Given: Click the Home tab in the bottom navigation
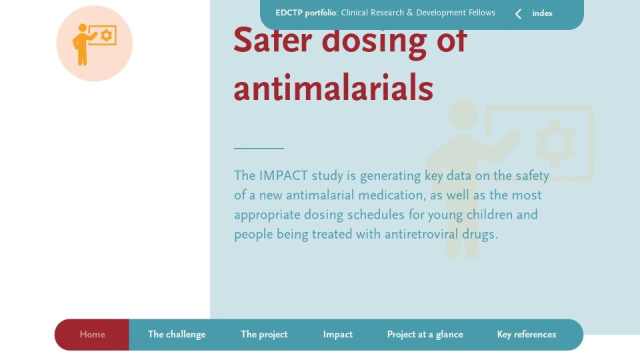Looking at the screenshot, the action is tap(92, 334).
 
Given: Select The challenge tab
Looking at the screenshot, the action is tap(177, 334).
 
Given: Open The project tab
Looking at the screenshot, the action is tap(264, 334).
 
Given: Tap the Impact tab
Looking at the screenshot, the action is tap(337, 334).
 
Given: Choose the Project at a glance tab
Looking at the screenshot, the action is tap(425, 334).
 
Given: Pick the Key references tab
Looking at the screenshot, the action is tap(527, 334).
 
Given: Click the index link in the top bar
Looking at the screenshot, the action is tap(542, 13).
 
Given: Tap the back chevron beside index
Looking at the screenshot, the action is tap(518, 14).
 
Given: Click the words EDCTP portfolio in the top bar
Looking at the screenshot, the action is tap(306, 13).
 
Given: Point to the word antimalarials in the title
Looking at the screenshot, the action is tap(333, 88).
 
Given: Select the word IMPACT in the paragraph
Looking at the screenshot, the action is tap(283, 175).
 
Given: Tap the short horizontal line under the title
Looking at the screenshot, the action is tap(259, 148).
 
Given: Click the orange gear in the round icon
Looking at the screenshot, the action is tap(106, 35).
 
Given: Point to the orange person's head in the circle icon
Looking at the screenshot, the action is tap(83, 28).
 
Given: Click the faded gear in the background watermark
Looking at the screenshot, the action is tap(555, 143).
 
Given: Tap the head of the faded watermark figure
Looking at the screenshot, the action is tap(464, 113).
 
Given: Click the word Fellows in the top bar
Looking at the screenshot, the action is tap(481, 13).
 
